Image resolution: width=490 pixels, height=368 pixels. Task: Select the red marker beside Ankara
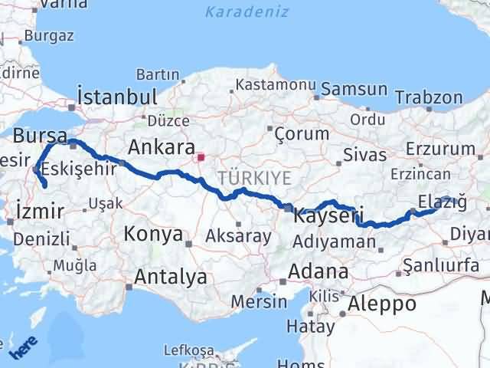[x=201, y=159]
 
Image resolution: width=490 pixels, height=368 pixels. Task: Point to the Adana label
[x=318, y=271]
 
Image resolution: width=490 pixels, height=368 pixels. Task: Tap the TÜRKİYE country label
[x=255, y=178]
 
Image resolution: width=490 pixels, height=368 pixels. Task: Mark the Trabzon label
[x=430, y=97]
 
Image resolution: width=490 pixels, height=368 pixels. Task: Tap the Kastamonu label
[x=266, y=84]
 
